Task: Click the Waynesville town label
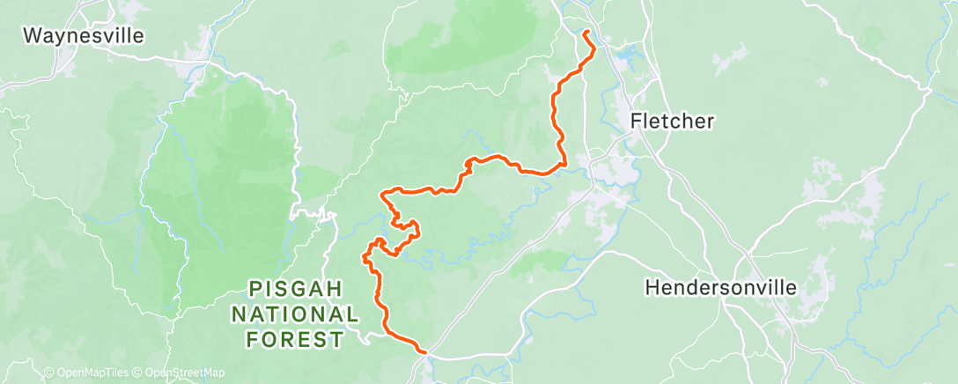tap(83, 36)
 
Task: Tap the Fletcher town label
tap(673, 122)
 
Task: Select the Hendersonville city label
tap(720, 288)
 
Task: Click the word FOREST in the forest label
tap(296, 338)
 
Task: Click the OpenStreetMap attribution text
tap(185, 373)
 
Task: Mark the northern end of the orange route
tap(586, 33)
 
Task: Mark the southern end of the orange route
tap(424, 352)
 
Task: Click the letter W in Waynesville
tap(33, 36)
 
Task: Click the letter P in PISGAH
tap(255, 289)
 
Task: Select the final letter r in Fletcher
tap(710, 122)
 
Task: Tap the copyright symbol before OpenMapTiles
tap(48, 373)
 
